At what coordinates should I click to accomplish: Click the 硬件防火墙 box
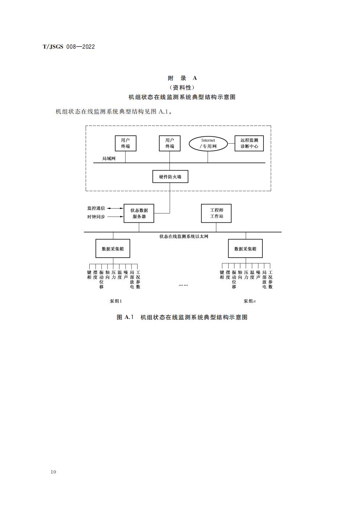pos(170,177)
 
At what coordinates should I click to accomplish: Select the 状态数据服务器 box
pos(139,213)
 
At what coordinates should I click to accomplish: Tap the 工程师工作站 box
pos(216,213)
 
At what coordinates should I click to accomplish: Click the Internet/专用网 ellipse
pos(208,143)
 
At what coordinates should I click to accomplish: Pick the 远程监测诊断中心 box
pos(249,143)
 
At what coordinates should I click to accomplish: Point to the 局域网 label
pos(109,159)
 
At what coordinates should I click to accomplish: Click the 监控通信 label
pos(96,208)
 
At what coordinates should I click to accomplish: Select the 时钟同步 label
pos(96,217)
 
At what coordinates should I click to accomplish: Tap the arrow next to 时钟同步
pos(115,217)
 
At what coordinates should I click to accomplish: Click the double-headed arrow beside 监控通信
pos(115,208)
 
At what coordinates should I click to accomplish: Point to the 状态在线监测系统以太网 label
pos(184,237)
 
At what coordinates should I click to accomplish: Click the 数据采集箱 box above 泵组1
pos(112,249)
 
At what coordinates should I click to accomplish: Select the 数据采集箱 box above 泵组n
pos(245,249)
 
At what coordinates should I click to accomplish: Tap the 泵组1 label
pos(116,301)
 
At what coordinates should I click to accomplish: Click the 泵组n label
pos(249,301)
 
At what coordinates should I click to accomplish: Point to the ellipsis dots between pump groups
pos(183,285)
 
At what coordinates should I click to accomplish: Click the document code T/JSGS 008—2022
pos(69,47)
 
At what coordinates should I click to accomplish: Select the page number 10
pos(54,472)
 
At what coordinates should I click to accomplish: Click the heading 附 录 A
pos(182,78)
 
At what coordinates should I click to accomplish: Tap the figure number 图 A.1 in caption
pos(125,317)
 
